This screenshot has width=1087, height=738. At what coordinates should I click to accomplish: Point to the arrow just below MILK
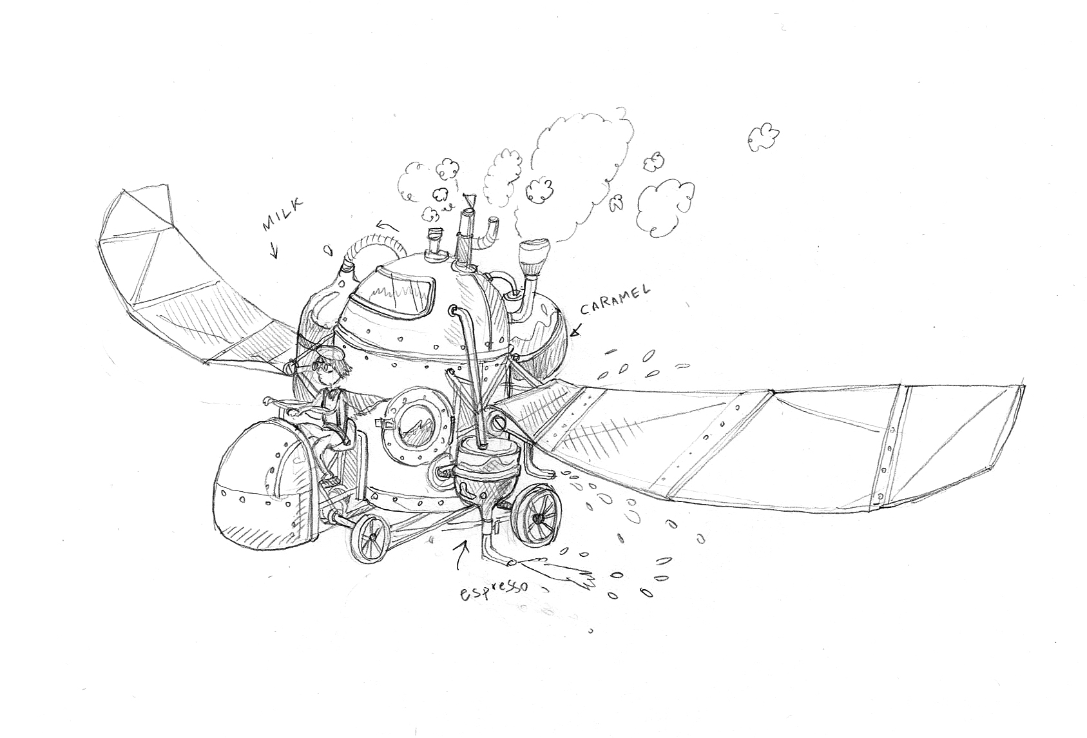click(x=274, y=251)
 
